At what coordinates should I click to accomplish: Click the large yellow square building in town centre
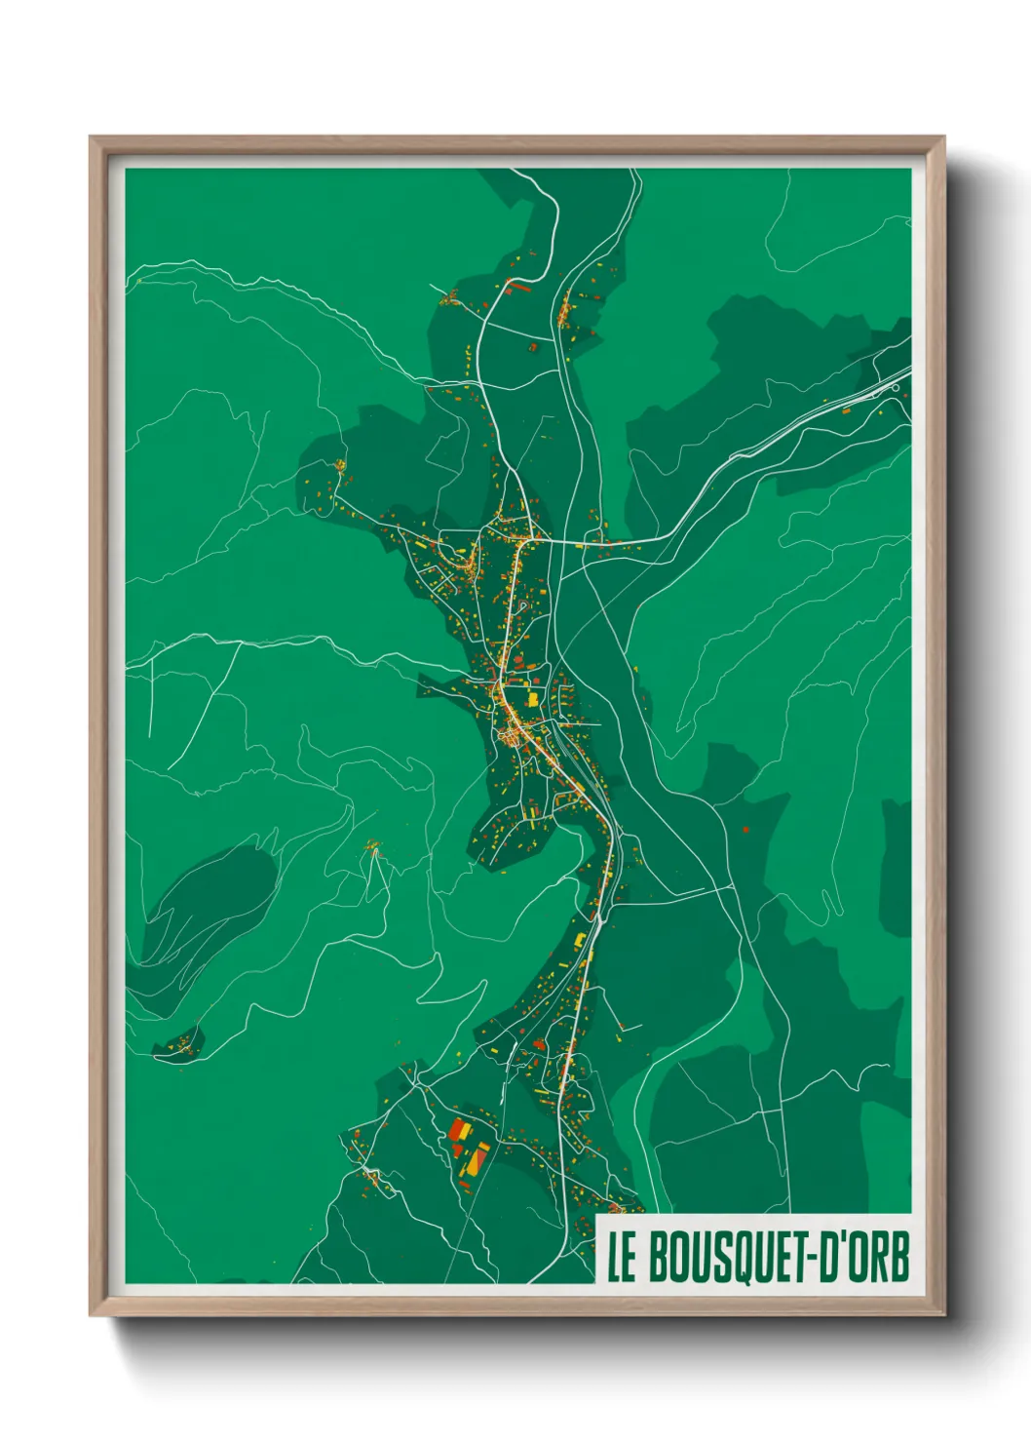(533, 698)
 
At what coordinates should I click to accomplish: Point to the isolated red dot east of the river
(745, 830)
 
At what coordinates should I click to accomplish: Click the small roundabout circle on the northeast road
(896, 387)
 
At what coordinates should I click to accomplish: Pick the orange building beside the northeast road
(845, 411)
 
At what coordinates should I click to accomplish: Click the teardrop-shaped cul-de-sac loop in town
(524, 605)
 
